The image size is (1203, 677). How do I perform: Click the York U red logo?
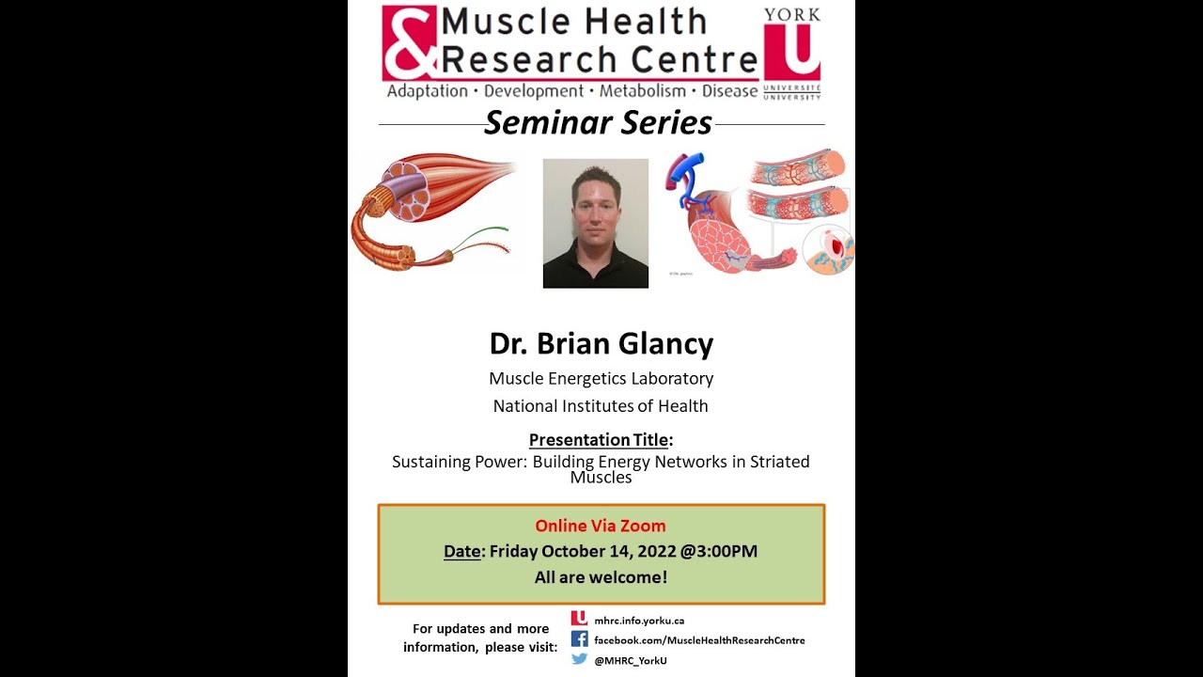(x=791, y=52)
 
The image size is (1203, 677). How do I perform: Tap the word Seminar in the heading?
(x=538, y=123)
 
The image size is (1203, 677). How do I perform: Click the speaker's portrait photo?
(x=595, y=223)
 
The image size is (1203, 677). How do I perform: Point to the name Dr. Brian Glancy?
(x=601, y=343)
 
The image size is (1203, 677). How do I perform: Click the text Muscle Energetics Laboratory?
(x=601, y=378)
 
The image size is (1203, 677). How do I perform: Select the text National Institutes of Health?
(x=601, y=406)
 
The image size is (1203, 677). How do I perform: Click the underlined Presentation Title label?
(x=599, y=439)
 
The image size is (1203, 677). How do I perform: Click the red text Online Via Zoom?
(x=600, y=526)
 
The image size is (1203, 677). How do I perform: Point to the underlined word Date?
(x=461, y=552)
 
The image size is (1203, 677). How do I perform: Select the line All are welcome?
(x=601, y=577)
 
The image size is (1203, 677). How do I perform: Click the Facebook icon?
(x=579, y=639)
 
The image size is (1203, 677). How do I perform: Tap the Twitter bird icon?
(x=579, y=659)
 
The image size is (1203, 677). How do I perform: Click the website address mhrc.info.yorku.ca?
(x=639, y=621)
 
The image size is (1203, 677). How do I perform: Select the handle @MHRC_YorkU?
(x=630, y=660)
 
